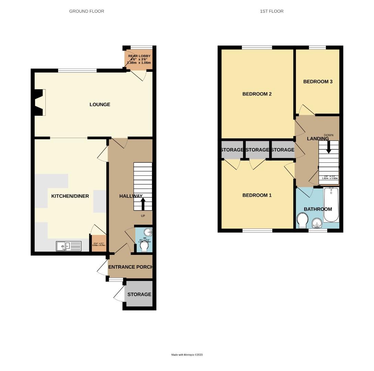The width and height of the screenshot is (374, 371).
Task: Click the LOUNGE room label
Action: pyautogui.click(x=100, y=104)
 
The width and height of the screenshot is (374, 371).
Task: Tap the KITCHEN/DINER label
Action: pyautogui.click(x=70, y=196)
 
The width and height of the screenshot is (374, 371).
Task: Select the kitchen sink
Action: pyautogui.click(x=68, y=246)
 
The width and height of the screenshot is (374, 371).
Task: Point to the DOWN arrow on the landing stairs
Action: pyautogui.click(x=329, y=147)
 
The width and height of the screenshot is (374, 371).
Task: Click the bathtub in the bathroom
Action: pyautogui.click(x=331, y=205)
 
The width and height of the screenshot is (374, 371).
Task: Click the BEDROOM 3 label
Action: pyautogui.click(x=318, y=82)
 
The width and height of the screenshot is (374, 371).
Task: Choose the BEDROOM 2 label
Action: pyautogui.click(x=257, y=94)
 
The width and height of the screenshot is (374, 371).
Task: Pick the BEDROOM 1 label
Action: pyautogui.click(x=257, y=195)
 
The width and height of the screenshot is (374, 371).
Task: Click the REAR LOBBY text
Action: pyautogui.click(x=139, y=56)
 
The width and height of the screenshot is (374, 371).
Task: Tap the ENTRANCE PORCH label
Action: pyautogui.click(x=130, y=267)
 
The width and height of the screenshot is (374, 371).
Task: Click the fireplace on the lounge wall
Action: pyautogui.click(x=39, y=102)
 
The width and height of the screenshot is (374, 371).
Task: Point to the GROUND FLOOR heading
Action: pyautogui.click(x=87, y=11)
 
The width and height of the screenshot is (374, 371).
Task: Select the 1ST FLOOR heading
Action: pyautogui.click(x=272, y=11)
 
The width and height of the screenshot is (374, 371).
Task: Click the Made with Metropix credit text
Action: pyautogui.click(x=187, y=355)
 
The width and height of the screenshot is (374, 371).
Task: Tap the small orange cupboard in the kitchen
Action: pyautogui.click(x=98, y=244)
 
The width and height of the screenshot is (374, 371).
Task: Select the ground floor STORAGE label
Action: pyautogui.click(x=139, y=294)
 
